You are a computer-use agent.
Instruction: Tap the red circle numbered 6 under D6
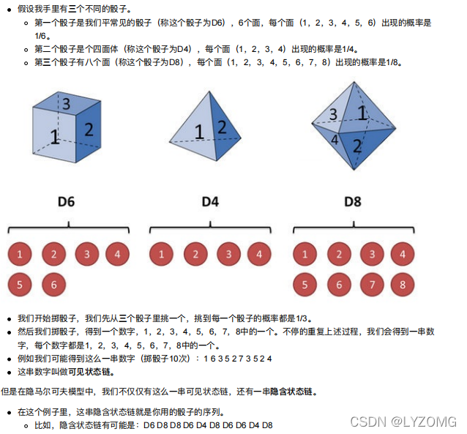53,283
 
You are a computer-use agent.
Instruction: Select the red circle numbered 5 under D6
20,283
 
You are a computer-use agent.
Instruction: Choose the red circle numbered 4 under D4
259,255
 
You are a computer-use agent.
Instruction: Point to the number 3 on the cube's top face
66,104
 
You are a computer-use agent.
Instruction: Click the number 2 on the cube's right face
89,130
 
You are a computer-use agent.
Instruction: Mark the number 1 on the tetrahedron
198,132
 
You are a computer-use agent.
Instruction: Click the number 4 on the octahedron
335,138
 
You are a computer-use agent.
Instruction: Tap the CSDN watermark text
403,422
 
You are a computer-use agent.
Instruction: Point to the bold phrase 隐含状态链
293,392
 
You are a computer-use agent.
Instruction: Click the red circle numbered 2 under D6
53,255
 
